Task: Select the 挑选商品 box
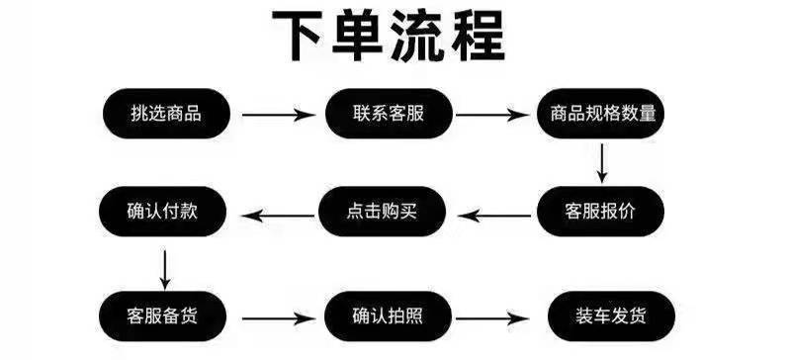click(x=165, y=113)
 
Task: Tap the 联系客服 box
click(x=389, y=113)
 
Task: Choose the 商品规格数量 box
click(x=601, y=113)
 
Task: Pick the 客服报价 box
click(x=601, y=212)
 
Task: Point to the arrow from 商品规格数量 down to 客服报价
click(x=602, y=163)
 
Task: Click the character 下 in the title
click(x=303, y=39)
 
